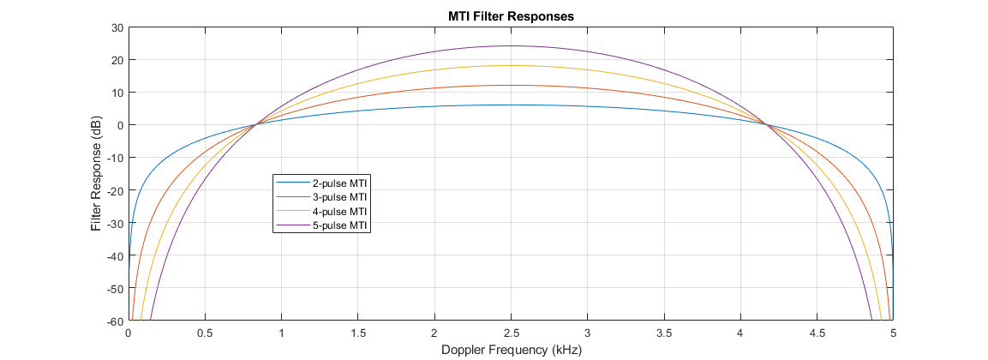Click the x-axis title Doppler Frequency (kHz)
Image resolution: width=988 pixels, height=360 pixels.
[x=511, y=350]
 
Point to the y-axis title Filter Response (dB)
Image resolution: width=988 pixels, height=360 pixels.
[x=96, y=174]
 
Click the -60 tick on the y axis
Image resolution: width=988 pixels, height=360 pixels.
[x=115, y=321]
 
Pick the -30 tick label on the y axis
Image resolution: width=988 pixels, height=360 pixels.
[x=115, y=224]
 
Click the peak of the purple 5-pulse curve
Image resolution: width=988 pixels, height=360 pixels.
[x=511, y=46]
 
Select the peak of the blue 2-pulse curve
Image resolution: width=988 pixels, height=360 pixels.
[x=511, y=105]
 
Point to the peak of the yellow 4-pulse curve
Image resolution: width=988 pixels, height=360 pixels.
[x=511, y=65]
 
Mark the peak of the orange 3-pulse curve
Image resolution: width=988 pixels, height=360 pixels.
[x=511, y=85]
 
